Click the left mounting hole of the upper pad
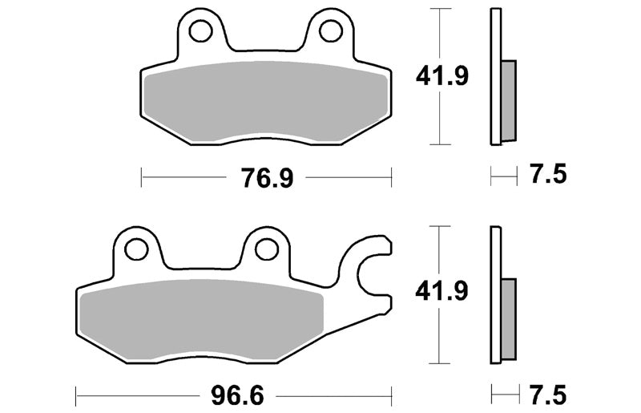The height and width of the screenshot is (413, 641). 201,30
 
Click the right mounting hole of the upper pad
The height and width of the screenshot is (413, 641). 331,30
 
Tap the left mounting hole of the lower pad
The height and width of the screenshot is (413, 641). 136,249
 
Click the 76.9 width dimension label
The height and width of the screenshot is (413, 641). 267,178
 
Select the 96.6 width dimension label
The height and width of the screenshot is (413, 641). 237,396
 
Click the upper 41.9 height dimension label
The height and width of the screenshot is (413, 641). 441,76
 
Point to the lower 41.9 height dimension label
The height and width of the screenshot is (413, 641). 441,292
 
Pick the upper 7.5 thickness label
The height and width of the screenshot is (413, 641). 548,174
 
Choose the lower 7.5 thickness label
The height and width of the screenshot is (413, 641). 548,395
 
